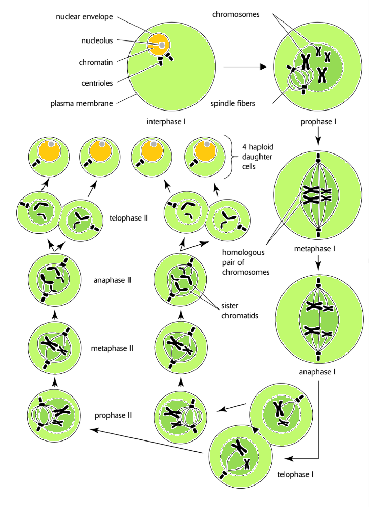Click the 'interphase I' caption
(x=163, y=122)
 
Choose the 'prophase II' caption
(x=114, y=415)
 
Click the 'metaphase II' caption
(x=113, y=348)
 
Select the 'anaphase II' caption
(x=112, y=280)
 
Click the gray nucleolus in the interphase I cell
(x=162, y=46)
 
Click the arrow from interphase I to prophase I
(x=245, y=67)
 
